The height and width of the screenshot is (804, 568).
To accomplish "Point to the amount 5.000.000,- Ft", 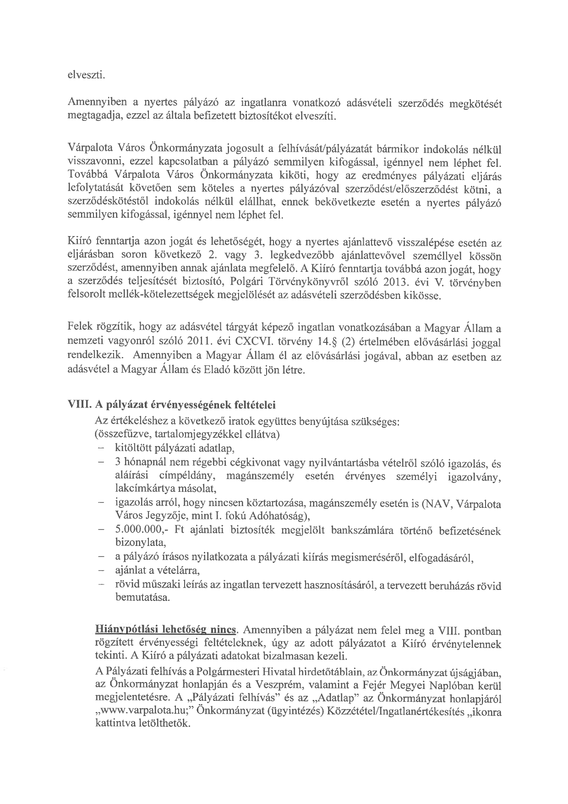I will click(139, 530).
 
